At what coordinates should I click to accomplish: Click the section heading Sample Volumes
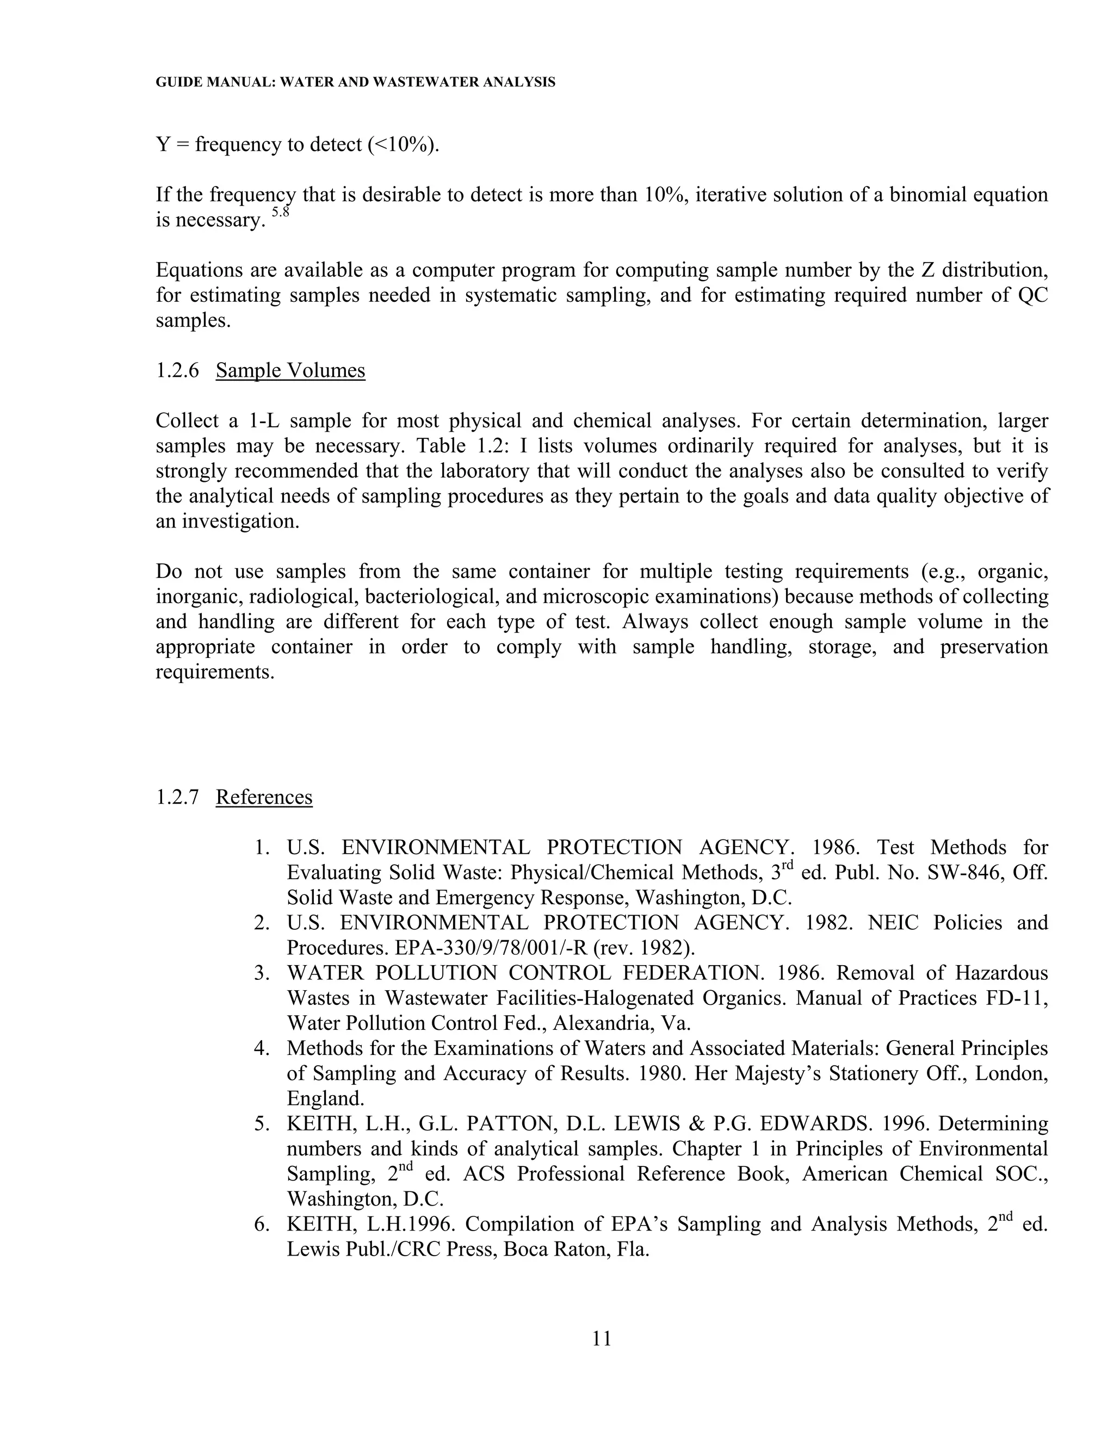tap(290, 370)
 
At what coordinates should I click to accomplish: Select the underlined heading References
tap(264, 797)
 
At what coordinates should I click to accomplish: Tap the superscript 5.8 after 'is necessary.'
tap(281, 213)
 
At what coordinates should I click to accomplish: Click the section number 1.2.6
tap(177, 370)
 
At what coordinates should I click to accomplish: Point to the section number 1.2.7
tap(177, 797)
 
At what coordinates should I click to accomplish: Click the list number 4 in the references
tap(261, 1048)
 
